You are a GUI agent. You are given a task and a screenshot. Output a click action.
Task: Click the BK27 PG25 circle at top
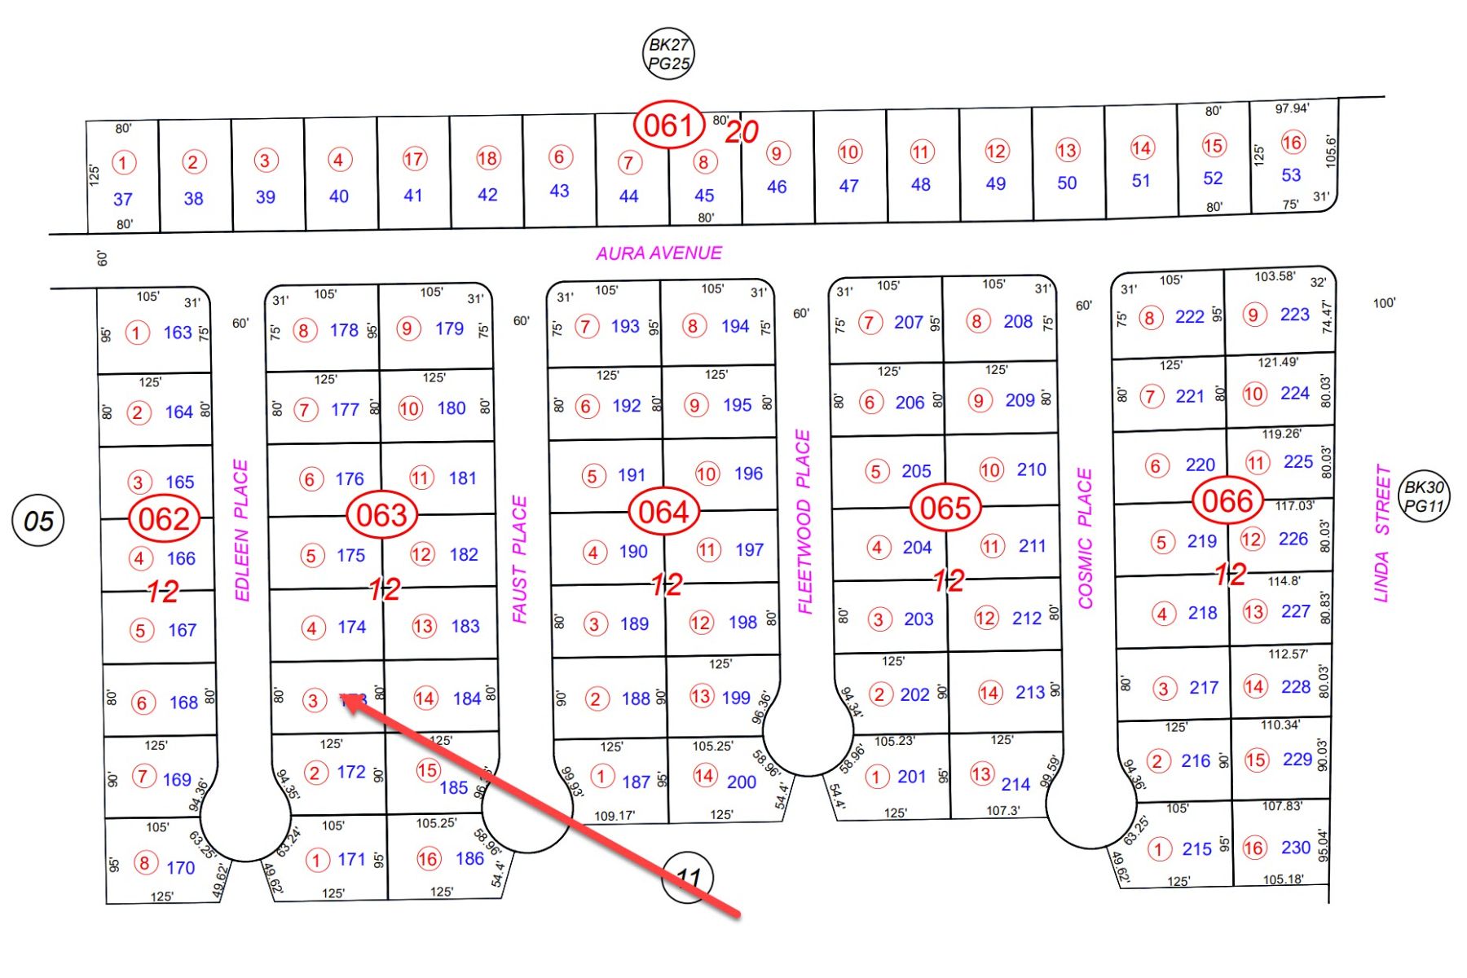tap(668, 54)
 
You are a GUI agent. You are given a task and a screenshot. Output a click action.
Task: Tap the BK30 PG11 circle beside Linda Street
tap(1424, 496)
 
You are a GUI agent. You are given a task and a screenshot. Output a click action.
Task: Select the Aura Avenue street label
tap(659, 253)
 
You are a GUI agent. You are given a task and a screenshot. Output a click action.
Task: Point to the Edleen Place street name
tap(241, 531)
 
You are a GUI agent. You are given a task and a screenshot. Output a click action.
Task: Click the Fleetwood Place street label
tap(804, 522)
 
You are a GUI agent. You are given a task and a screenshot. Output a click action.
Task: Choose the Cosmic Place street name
tap(1085, 539)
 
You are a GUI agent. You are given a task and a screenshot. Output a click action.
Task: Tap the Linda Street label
tap(1381, 534)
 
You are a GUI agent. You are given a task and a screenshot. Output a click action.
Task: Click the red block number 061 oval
tap(668, 126)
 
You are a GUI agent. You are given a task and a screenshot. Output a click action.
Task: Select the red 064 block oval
tap(663, 513)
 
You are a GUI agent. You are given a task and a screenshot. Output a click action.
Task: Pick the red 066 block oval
tap(1227, 501)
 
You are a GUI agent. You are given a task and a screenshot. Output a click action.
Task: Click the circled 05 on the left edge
tap(38, 521)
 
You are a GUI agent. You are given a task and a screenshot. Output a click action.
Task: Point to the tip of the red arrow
tap(345, 699)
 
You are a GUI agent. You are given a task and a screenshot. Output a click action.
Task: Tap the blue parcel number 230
tap(1295, 848)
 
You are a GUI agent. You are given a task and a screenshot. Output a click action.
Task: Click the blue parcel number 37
tap(123, 200)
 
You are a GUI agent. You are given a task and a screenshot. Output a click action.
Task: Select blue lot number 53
tap(1291, 175)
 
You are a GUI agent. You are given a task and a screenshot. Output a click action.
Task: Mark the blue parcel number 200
tap(741, 782)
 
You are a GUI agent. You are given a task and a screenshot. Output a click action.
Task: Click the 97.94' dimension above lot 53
tap(1292, 108)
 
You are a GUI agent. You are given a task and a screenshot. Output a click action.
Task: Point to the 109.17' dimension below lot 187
tap(615, 815)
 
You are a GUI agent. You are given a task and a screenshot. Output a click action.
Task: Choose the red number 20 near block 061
tap(742, 132)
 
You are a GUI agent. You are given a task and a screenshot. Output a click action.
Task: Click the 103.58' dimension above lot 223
tap(1275, 276)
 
